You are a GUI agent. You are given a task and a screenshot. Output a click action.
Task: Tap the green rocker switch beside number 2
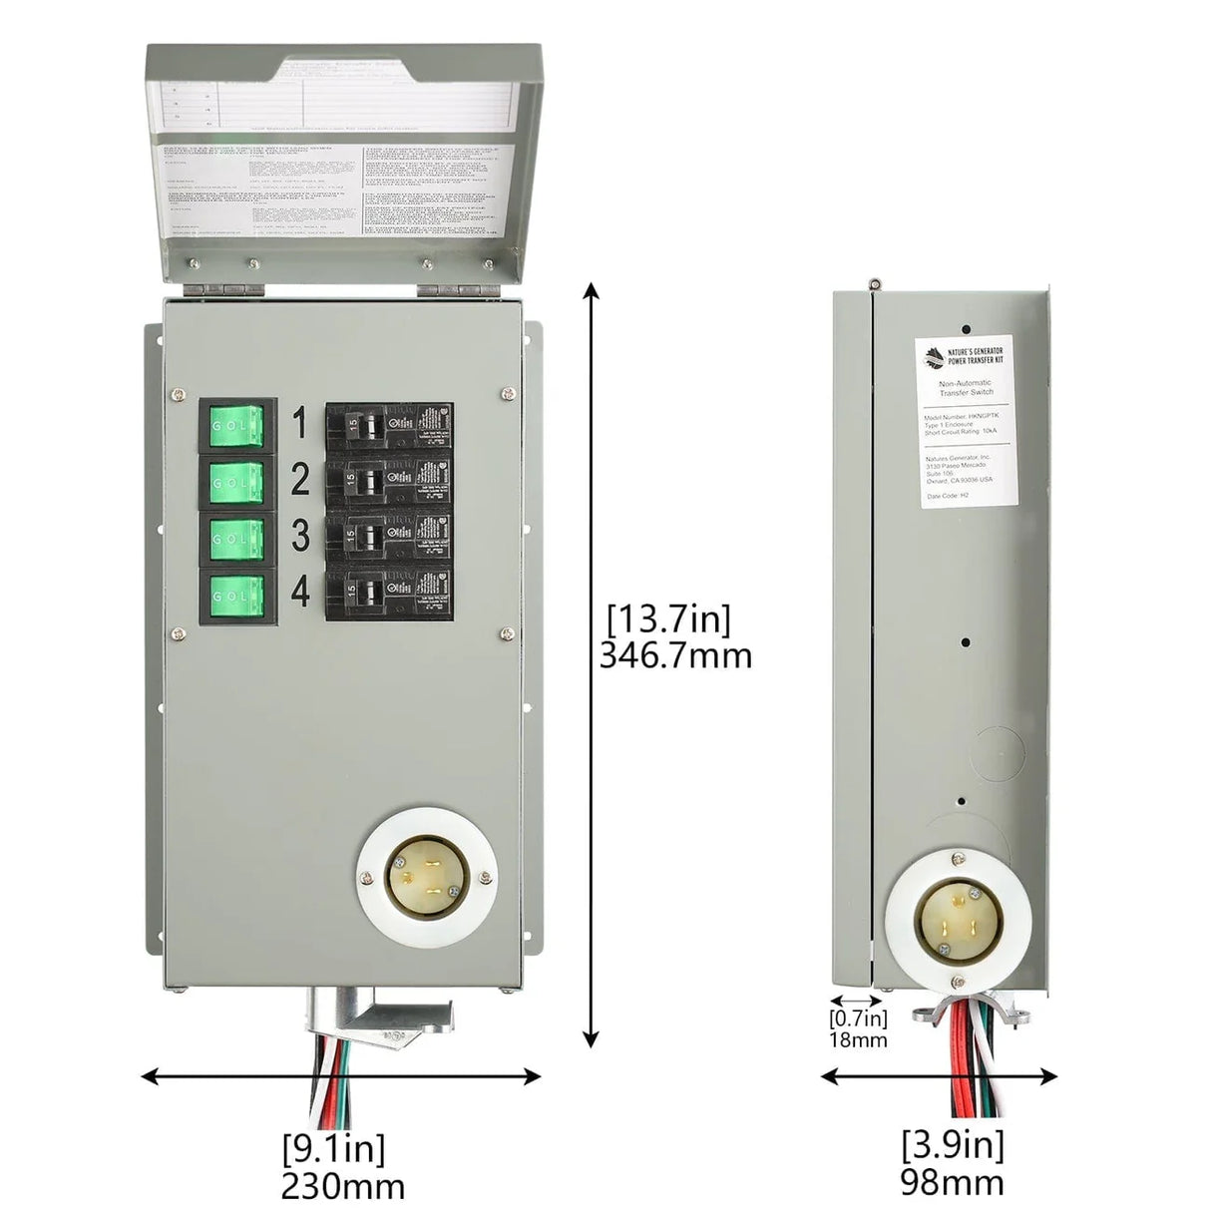point(236,482)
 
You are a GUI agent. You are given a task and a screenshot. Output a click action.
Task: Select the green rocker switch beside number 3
point(236,539)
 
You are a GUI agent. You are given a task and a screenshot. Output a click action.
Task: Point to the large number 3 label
point(300,537)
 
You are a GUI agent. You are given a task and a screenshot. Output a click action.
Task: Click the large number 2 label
point(300,481)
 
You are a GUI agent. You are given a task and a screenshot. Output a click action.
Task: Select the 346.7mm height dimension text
point(675,655)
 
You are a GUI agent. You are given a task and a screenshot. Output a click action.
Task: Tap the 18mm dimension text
point(858,1039)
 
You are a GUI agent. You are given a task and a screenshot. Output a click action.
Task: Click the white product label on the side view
point(968,421)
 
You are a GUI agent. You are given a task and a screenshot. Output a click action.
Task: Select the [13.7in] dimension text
point(669,619)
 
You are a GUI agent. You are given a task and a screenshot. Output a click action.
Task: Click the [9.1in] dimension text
point(334,1148)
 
